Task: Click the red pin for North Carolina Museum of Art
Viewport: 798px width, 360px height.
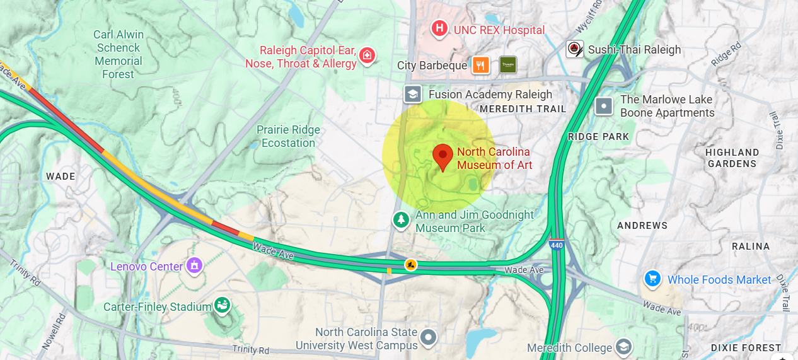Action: point(442,156)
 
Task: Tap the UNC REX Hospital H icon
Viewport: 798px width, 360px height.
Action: point(439,29)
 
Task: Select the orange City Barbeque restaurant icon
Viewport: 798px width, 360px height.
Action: point(481,65)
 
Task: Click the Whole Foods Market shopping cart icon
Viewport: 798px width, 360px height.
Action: point(652,279)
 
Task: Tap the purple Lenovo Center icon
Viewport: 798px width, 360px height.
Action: point(194,266)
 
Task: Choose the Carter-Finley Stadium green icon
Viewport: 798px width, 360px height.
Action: point(222,306)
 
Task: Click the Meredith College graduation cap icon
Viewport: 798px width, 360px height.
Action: point(623,347)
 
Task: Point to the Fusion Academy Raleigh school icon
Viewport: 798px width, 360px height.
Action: point(413,95)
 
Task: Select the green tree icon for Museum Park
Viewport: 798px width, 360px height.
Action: point(400,220)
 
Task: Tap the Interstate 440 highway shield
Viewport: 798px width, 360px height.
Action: point(556,245)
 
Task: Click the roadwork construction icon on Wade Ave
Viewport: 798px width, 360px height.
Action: point(411,265)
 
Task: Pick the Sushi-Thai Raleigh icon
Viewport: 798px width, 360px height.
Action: point(574,49)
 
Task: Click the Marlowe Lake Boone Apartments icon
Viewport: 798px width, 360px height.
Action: point(604,106)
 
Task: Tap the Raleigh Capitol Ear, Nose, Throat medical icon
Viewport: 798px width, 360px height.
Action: point(367,57)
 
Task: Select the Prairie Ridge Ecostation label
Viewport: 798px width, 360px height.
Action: point(288,136)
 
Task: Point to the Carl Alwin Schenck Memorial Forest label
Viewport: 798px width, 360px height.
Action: point(119,54)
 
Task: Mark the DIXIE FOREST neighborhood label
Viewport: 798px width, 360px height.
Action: point(746,347)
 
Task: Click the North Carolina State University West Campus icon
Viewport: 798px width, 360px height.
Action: point(429,338)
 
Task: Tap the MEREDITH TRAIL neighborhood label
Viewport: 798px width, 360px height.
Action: point(523,109)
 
